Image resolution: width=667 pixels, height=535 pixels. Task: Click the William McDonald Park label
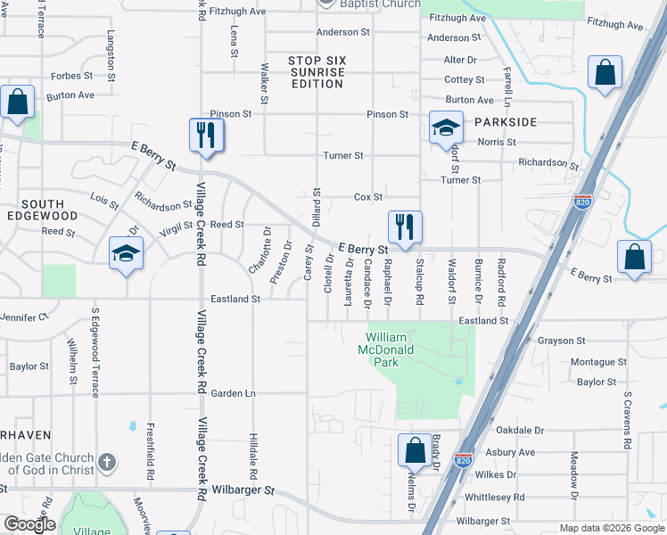tap(387, 350)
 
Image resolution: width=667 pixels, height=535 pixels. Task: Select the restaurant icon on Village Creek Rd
tap(205, 135)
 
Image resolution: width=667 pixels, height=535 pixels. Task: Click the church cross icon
tap(106, 462)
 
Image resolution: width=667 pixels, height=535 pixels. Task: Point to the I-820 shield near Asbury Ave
tap(463, 460)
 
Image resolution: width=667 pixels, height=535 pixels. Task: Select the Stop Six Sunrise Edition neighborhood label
tap(317, 72)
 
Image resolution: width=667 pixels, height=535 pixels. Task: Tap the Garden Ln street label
tap(233, 393)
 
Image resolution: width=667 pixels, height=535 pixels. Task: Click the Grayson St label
tap(561, 341)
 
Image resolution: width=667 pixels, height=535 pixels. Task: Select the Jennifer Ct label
tap(24, 317)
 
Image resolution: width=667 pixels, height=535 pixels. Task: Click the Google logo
tap(29, 524)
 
